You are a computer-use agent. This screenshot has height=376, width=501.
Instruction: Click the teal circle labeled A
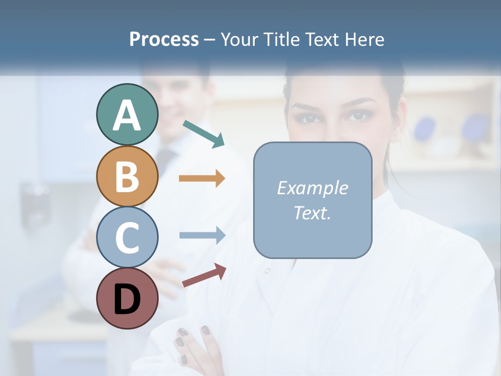click(x=127, y=114)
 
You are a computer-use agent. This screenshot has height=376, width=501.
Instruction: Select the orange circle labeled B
click(x=127, y=176)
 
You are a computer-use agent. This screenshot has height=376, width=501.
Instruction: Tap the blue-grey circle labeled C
click(x=127, y=237)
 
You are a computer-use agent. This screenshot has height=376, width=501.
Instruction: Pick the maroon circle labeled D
click(x=127, y=299)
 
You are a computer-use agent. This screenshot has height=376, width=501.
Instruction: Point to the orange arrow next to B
click(x=201, y=179)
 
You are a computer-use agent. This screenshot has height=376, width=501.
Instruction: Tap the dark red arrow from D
click(x=204, y=275)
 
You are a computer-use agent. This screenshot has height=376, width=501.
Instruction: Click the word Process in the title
click(x=164, y=39)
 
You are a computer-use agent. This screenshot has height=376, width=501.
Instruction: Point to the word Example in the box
click(x=312, y=188)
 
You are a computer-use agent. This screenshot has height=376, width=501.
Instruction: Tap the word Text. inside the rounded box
click(x=312, y=213)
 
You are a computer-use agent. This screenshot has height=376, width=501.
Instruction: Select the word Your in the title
click(x=240, y=39)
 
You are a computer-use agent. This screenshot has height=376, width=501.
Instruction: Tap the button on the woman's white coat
click(x=267, y=271)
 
